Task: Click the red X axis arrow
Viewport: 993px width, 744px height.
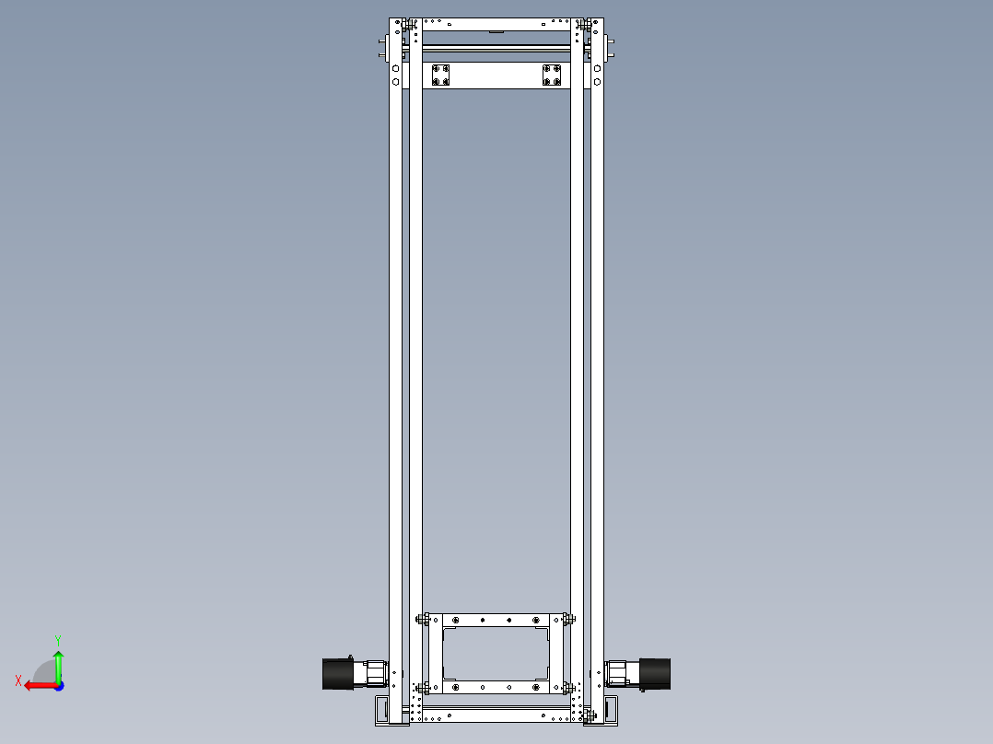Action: click(x=35, y=685)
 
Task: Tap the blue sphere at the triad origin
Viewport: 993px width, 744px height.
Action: click(x=58, y=685)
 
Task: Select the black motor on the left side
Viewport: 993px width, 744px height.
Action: click(x=338, y=673)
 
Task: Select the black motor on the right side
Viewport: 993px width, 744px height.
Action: click(x=655, y=673)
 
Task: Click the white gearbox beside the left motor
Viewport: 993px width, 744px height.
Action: click(x=374, y=673)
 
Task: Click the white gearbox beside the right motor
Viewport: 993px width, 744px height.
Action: click(x=618, y=673)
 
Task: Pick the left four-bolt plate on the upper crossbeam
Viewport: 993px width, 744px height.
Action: click(x=441, y=76)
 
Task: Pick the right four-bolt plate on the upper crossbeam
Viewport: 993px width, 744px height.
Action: click(x=552, y=76)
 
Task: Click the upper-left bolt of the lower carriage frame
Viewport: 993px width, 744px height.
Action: click(x=423, y=619)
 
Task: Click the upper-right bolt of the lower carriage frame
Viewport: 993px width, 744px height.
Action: click(x=569, y=619)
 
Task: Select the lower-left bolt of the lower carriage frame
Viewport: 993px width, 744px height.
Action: click(x=423, y=687)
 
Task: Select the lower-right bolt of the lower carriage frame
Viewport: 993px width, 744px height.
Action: click(x=569, y=687)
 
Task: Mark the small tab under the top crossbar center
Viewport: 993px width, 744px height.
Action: click(x=496, y=31)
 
